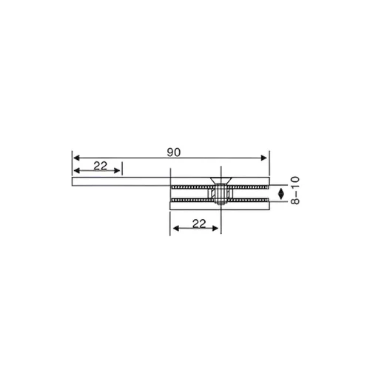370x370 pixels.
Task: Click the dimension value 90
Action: [x=173, y=152]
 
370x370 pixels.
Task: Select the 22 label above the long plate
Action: [x=101, y=166]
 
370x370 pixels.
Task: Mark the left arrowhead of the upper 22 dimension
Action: [x=75, y=171]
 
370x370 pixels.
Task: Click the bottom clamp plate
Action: [x=219, y=206]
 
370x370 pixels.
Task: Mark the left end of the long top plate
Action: [x=74, y=181]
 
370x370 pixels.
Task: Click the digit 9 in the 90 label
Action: [x=169, y=152]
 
